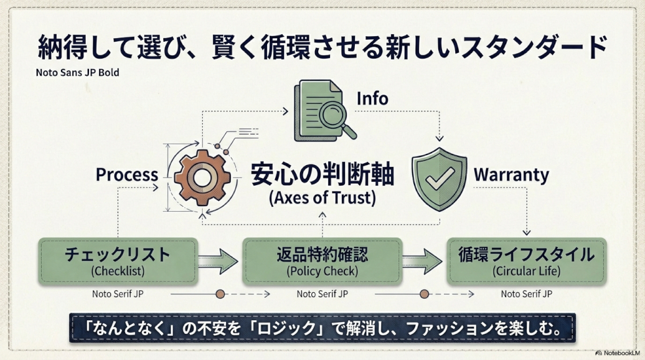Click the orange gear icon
pyautogui.click(x=200, y=177)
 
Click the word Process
pyautogui.click(x=126, y=175)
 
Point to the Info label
pyautogui.click(x=372, y=98)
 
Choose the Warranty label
pyautogui.click(x=511, y=175)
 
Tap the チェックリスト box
pyautogui.click(x=118, y=260)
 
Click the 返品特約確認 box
pyautogui.click(x=322, y=260)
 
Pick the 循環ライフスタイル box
pyautogui.click(x=526, y=260)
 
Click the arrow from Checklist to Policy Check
pyautogui.click(x=219, y=261)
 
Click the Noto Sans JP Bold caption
pyautogui.click(x=77, y=72)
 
